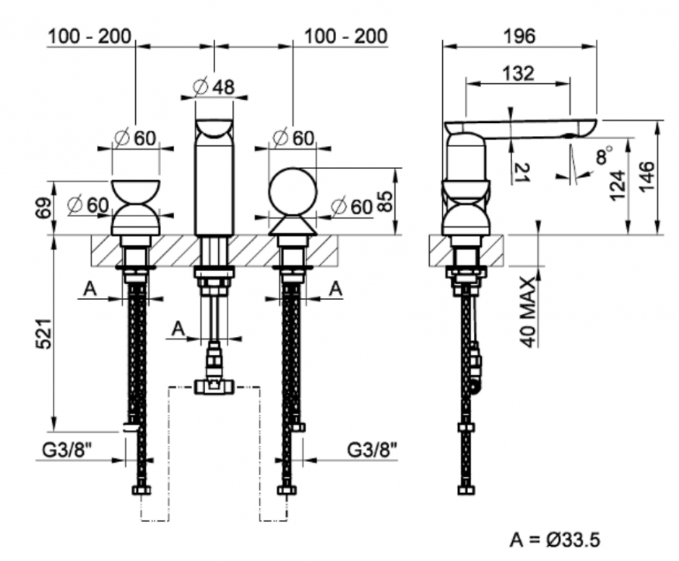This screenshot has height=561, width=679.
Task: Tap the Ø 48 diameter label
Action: tap(214, 87)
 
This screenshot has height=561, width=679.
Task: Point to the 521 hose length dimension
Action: tap(44, 333)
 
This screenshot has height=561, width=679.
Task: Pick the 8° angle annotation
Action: tap(603, 155)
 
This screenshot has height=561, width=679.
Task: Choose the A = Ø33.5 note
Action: tap(555, 539)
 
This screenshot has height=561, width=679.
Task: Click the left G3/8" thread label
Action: tap(66, 449)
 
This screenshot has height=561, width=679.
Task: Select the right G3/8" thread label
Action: tap(373, 449)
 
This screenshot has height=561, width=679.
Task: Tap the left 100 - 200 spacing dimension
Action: tap(90, 35)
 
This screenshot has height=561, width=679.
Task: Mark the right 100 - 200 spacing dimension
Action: tap(345, 35)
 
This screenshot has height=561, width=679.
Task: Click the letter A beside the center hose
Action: tap(178, 329)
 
